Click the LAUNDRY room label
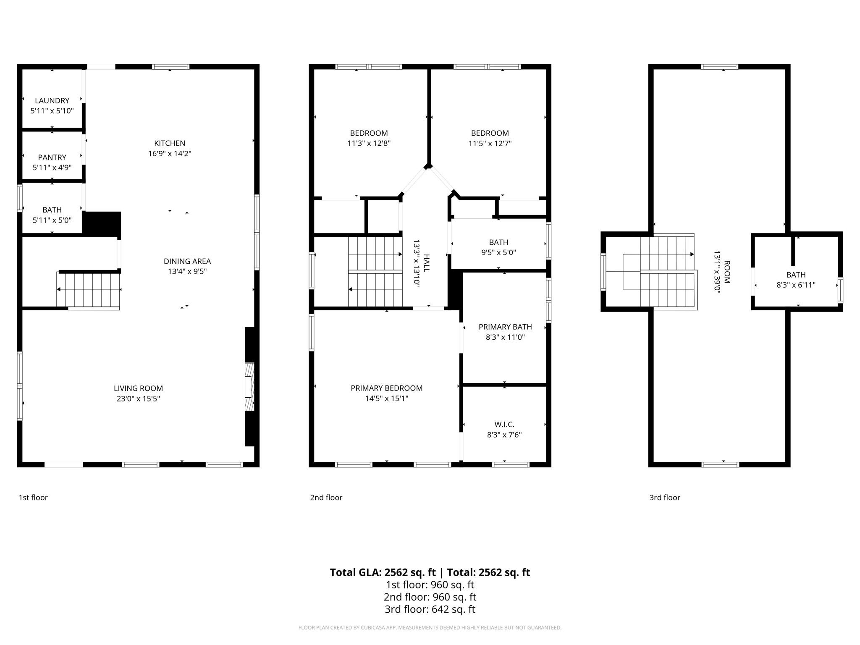coord(52,101)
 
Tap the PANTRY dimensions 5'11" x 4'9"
coord(52,168)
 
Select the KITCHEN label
coord(170,143)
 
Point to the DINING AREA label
coord(187,261)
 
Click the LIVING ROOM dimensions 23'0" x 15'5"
coord(138,399)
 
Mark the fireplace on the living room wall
coord(250,386)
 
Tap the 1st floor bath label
coord(52,210)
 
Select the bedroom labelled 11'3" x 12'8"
coord(369,138)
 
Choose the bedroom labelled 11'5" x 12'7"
coord(490,138)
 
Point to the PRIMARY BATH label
coord(505,327)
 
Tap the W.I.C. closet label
coord(504,425)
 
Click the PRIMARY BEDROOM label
coord(386,388)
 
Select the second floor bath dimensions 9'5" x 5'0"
coord(498,252)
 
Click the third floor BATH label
coord(796,275)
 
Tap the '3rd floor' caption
coord(664,498)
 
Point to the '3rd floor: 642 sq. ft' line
coord(430,609)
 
